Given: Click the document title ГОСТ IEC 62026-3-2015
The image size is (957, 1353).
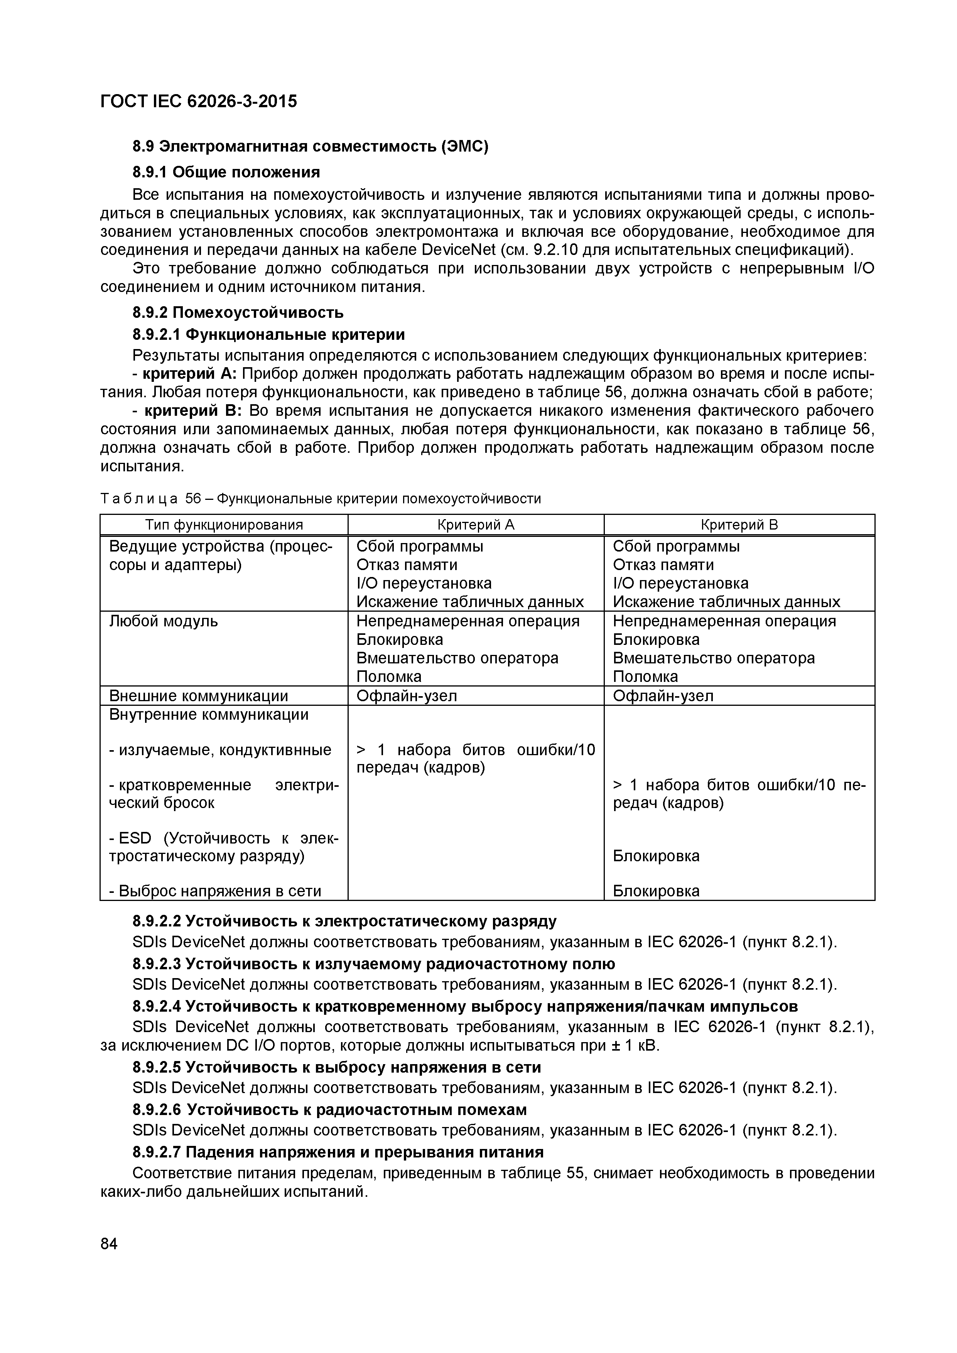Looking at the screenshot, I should (x=199, y=102).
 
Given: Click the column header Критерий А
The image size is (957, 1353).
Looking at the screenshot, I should (x=476, y=525).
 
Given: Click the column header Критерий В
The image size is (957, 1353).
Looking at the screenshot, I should (x=739, y=525).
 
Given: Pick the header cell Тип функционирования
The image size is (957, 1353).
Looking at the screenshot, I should (x=224, y=525).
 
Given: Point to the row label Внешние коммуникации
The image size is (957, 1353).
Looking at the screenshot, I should (x=199, y=696).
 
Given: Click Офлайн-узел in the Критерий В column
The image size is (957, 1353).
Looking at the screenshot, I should (x=663, y=696).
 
